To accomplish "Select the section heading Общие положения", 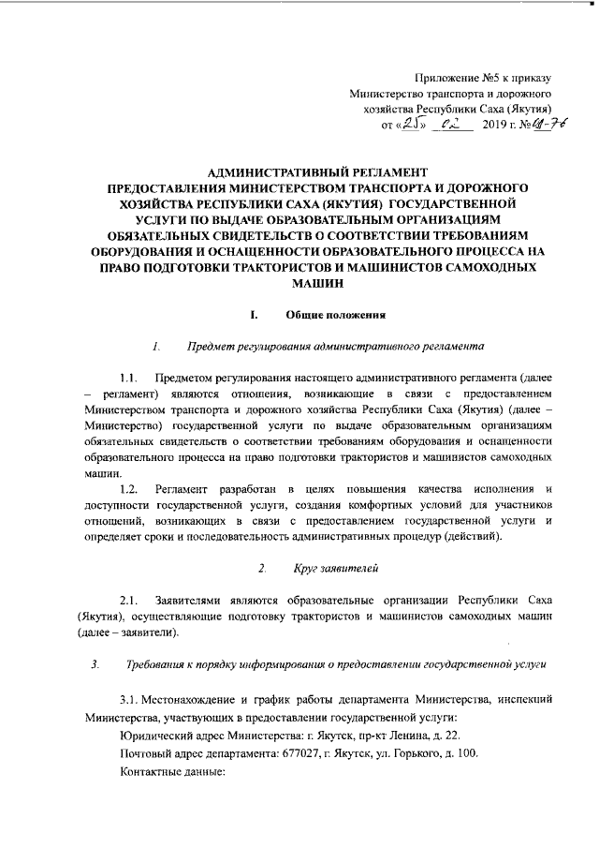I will tap(332, 313).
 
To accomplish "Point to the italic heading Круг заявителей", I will tap(334, 569).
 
